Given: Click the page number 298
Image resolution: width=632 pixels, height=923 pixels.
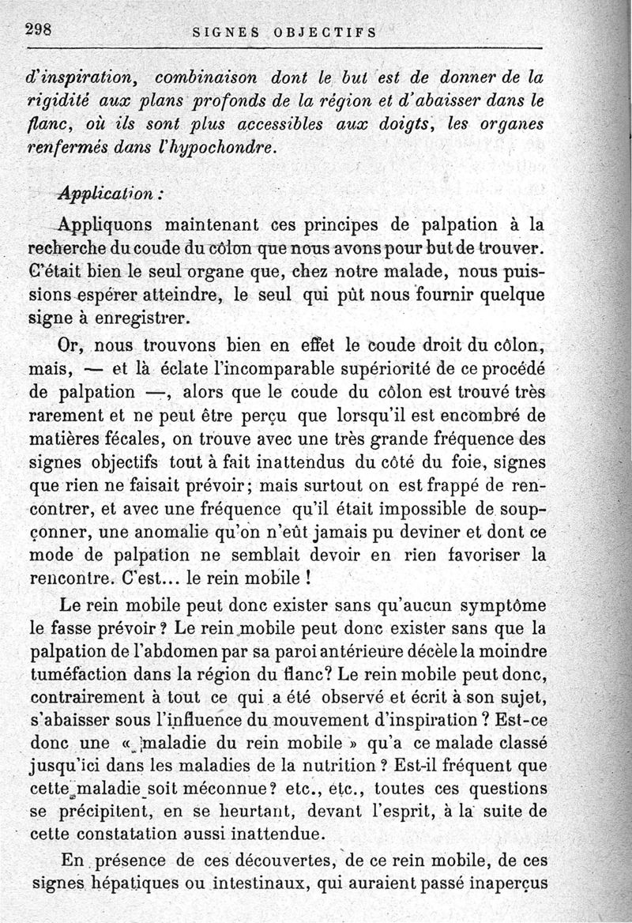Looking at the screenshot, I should (x=37, y=29).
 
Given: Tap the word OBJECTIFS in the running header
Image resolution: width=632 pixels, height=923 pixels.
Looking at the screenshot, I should (x=325, y=32).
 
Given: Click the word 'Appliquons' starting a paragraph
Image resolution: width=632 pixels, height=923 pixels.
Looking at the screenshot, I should (x=103, y=225).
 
